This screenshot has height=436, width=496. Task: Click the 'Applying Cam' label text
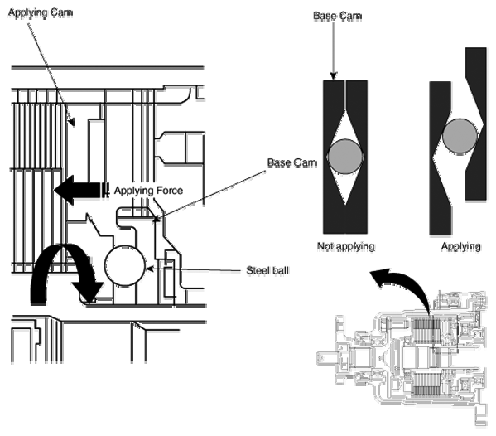pyautogui.click(x=41, y=12)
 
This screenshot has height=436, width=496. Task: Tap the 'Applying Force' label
pyautogui.click(x=148, y=191)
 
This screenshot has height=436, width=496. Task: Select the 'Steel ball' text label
pyautogui.click(x=267, y=270)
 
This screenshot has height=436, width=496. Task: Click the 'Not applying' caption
pyautogui.click(x=346, y=246)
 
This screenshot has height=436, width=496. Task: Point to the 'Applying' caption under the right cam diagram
pyautogui.click(x=461, y=246)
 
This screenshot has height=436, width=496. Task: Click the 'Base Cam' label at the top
pyautogui.click(x=337, y=16)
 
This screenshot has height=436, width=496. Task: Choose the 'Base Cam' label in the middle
pyautogui.click(x=292, y=162)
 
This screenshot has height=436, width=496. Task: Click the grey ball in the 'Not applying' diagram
pyautogui.click(x=345, y=157)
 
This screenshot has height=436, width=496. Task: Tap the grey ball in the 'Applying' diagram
pyautogui.click(x=460, y=136)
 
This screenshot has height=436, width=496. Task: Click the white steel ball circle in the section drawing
pyautogui.click(x=125, y=266)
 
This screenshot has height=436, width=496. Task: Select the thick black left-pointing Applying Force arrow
pyautogui.click(x=80, y=190)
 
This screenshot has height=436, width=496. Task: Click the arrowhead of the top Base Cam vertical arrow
pyautogui.click(x=333, y=76)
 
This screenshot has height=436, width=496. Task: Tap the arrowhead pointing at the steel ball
pyautogui.click(x=149, y=269)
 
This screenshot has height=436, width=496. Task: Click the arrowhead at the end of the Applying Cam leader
pyautogui.click(x=72, y=122)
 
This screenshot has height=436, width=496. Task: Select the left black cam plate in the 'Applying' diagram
pyautogui.click(x=441, y=158)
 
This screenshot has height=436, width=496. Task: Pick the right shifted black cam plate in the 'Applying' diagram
pyautogui.click(x=476, y=124)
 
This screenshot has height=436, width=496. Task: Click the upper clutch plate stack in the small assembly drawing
pyautogui.click(x=426, y=332)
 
